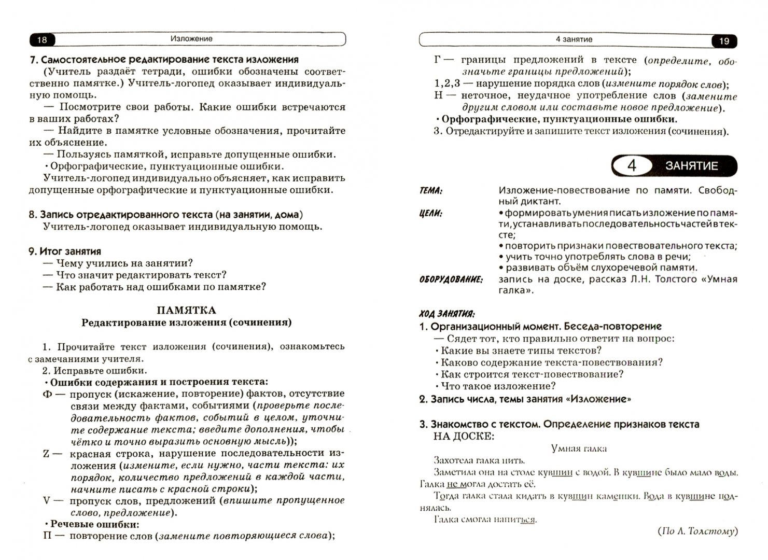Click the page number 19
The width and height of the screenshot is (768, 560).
(x=724, y=41)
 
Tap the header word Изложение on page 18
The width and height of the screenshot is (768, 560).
(x=191, y=39)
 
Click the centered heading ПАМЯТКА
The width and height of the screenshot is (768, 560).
(x=186, y=311)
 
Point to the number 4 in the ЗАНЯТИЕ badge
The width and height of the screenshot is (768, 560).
(x=631, y=166)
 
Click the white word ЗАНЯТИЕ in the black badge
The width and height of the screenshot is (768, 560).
(x=691, y=166)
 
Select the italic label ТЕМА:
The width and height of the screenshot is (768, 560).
(x=431, y=191)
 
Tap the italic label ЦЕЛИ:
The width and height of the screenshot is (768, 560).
(x=431, y=213)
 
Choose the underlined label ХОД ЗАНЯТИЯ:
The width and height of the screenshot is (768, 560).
(x=446, y=314)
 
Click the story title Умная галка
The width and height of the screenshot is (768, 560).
(x=579, y=449)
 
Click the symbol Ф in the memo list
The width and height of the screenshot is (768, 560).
(x=47, y=394)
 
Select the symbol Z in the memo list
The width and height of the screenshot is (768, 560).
(x=46, y=454)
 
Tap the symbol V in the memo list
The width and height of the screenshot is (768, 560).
(x=47, y=501)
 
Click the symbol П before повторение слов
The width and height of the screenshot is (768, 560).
(x=47, y=536)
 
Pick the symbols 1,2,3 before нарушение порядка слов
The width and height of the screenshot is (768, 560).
(x=445, y=83)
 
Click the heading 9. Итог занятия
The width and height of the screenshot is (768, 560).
(x=65, y=251)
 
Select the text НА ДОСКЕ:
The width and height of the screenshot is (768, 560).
(x=464, y=436)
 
